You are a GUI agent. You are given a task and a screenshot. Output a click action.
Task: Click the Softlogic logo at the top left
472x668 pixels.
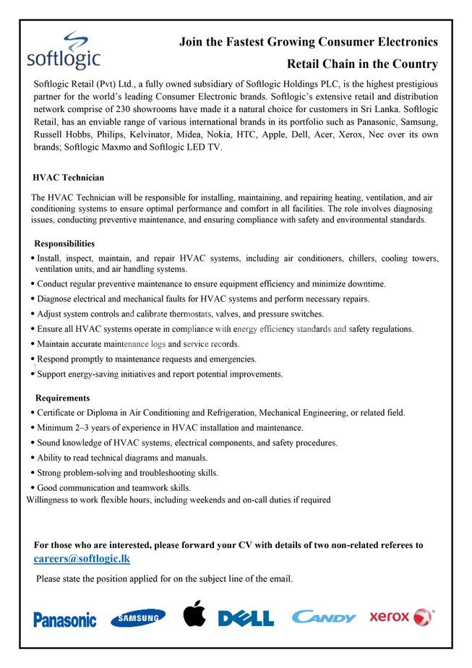tap(63, 51)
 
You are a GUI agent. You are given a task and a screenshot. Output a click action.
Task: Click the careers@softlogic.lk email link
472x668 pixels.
tap(82, 559)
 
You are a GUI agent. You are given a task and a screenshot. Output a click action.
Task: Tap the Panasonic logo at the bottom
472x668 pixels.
tap(64, 620)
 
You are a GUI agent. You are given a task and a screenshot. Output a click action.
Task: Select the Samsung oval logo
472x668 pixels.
tap(137, 617)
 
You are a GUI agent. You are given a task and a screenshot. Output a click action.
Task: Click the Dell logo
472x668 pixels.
tap(246, 618)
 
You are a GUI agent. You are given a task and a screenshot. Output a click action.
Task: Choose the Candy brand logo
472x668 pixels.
tap(323, 617)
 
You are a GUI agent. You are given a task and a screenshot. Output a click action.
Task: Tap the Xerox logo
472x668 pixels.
tap(401, 617)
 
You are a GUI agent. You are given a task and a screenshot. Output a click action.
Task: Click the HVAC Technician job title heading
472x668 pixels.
tap(69, 177)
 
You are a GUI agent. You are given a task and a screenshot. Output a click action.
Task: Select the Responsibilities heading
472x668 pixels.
tap(64, 244)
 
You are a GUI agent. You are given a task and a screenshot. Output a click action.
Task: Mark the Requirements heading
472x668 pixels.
tap(63, 398)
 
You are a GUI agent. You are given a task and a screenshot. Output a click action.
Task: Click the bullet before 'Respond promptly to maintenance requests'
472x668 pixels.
tap(33, 359)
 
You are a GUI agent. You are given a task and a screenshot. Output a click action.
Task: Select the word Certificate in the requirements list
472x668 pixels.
tap(59, 413)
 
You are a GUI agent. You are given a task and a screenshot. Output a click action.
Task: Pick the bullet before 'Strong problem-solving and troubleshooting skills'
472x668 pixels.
tap(33, 473)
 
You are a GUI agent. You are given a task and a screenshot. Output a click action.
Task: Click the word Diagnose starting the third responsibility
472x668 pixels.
tap(56, 299)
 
